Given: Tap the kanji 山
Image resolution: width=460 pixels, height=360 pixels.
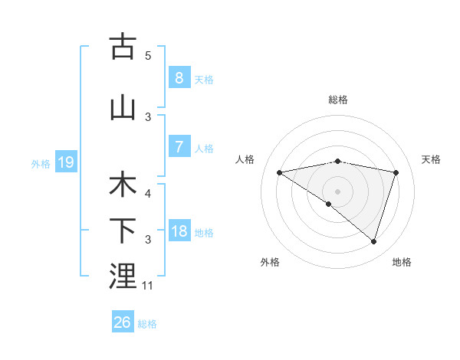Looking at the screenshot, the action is [123, 107].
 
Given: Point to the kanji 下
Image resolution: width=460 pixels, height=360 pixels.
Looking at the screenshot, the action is [123, 231].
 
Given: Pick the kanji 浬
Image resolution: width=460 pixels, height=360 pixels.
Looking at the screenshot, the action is [123, 277].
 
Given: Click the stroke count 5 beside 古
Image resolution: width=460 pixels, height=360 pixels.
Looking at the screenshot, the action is [148, 55].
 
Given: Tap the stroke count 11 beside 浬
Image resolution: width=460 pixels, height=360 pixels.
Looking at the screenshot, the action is [148, 286].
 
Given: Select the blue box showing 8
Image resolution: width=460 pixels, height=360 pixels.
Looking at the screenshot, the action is [179, 78].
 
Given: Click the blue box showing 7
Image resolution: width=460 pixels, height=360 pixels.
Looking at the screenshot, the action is [179, 147].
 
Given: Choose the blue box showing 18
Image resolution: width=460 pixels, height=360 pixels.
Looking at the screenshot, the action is [179, 231].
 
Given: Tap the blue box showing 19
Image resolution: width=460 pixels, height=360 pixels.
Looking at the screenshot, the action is [65, 162].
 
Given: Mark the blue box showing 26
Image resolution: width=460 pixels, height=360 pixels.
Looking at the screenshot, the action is [123, 322].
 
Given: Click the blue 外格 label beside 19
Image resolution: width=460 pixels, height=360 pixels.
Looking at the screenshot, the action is [41, 163].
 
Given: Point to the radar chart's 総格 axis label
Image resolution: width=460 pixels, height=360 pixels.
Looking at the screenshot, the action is [338, 100].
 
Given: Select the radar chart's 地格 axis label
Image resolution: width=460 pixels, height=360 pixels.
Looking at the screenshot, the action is [402, 262].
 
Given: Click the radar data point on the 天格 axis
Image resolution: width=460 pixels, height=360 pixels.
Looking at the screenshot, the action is [396, 172].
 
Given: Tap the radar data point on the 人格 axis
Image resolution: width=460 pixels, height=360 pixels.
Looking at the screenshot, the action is [279, 172].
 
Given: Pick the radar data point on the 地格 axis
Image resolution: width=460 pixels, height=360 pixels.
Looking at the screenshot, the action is [374, 241].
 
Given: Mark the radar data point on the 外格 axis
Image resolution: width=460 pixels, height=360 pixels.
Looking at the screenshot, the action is [329, 204].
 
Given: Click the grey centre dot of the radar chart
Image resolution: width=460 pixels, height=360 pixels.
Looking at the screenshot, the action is [338, 191].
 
